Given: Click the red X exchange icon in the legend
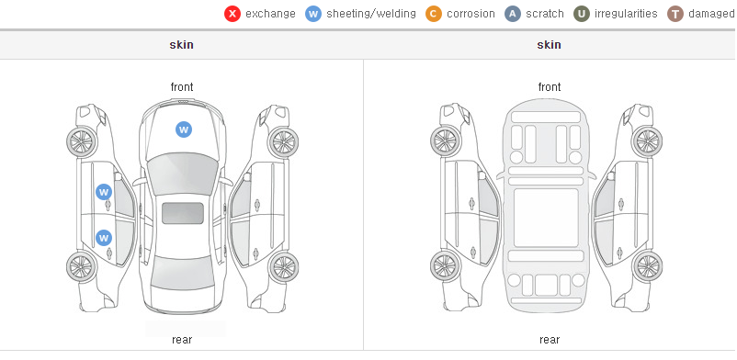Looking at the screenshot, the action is click(x=232, y=14).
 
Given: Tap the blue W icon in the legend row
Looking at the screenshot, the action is click(x=313, y=14).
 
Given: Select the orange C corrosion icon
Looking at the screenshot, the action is click(x=434, y=14).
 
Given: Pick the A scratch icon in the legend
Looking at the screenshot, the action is click(x=513, y=14).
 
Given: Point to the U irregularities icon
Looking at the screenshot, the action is click(x=582, y=14).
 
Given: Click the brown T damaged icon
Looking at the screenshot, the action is click(x=675, y=14).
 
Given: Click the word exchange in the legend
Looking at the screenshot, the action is click(x=270, y=14).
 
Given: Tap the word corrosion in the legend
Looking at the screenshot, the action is click(x=471, y=14).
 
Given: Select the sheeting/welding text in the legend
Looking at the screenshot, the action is click(x=371, y=14).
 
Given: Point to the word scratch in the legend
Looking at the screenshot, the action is click(x=544, y=14).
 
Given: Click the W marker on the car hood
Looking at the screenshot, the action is click(x=184, y=129).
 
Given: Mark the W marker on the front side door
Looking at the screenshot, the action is click(x=104, y=192).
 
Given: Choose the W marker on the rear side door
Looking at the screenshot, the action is click(x=104, y=238).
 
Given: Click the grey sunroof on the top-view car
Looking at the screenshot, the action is click(x=183, y=213).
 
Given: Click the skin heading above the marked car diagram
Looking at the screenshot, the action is click(x=181, y=45).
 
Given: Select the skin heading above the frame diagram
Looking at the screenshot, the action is click(x=549, y=45).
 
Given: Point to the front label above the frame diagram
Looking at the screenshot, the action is click(x=550, y=87).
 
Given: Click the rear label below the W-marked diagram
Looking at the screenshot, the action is click(x=182, y=340).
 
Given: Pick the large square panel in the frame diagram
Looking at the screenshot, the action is click(x=546, y=218).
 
